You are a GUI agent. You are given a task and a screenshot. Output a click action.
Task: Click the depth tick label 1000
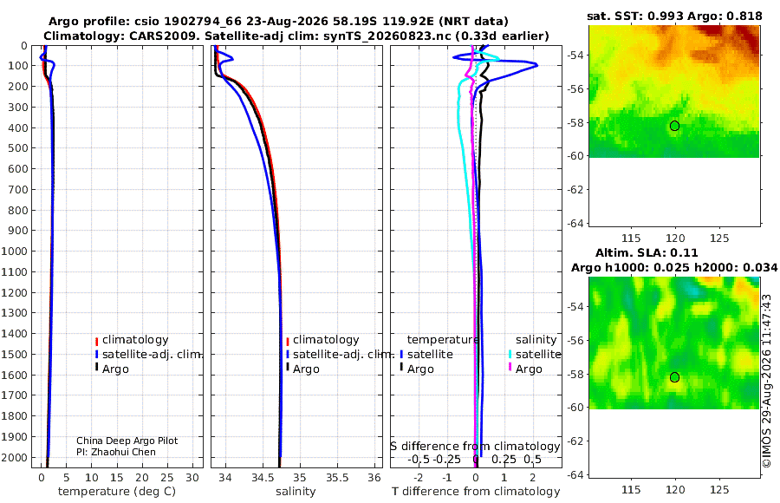(15, 251)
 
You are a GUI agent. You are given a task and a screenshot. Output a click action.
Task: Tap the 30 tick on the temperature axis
(192, 478)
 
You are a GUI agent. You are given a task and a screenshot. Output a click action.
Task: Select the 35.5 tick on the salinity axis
(337, 478)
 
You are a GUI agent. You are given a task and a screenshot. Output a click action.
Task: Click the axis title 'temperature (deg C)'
(117, 492)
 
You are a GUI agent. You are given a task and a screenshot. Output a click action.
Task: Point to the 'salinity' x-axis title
(296, 492)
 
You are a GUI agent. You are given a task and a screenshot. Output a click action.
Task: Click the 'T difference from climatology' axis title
(476, 492)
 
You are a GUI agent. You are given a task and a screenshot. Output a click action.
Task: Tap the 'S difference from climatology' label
(475, 447)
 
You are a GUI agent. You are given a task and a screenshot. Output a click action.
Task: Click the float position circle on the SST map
(674, 126)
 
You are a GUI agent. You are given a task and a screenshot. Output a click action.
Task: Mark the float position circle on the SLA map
(674, 377)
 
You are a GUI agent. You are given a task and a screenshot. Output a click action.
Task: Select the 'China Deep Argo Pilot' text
(127, 441)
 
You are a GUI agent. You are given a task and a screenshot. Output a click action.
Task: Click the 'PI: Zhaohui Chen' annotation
(116, 452)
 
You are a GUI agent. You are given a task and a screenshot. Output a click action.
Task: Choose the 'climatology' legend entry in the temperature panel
(132, 340)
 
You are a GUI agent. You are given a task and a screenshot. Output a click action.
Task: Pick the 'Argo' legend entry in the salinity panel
(302, 369)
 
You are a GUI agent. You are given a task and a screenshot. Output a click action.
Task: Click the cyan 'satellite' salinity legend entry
(535, 354)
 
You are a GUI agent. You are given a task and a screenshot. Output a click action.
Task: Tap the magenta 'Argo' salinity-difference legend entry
(525, 369)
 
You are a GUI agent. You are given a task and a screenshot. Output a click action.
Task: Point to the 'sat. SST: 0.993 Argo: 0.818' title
(674, 16)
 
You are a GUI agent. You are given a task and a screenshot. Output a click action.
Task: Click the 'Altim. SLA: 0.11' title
(647, 253)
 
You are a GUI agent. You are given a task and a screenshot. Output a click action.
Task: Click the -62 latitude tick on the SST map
(575, 190)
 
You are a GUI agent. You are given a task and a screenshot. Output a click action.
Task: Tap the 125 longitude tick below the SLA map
(719, 490)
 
